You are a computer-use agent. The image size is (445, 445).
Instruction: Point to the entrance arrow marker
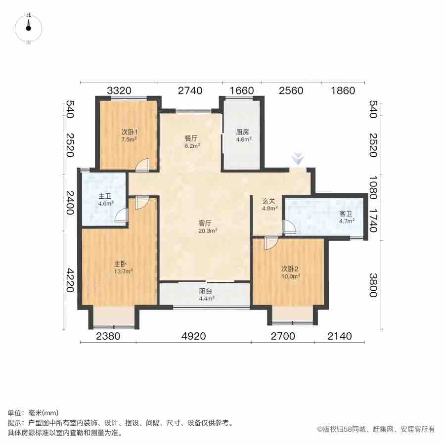pos(297,159)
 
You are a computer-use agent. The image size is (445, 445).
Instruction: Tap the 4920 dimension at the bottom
pos(193,337)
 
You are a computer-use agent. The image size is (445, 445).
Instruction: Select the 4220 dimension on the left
pos(69,280)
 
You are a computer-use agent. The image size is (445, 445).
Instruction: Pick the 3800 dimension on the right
pos(374,285)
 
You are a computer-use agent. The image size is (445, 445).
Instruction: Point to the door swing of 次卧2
pos(270,243)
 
